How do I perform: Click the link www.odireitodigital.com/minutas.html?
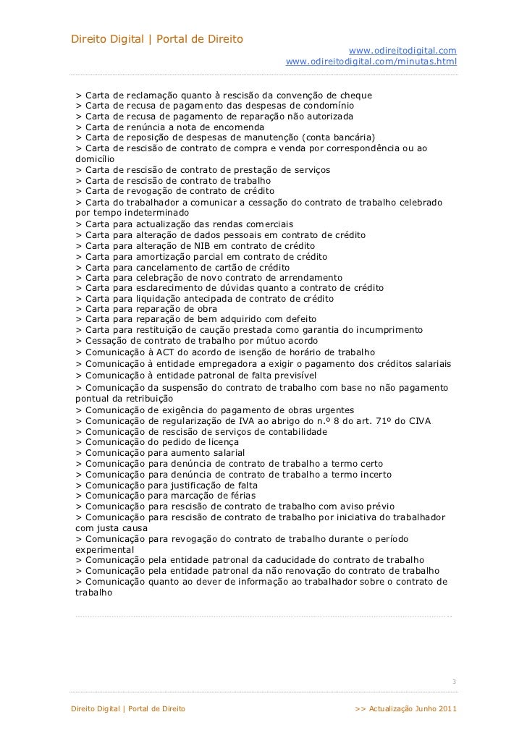point(371,63)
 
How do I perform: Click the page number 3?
point(453,682)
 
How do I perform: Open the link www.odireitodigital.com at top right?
point(402,50)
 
